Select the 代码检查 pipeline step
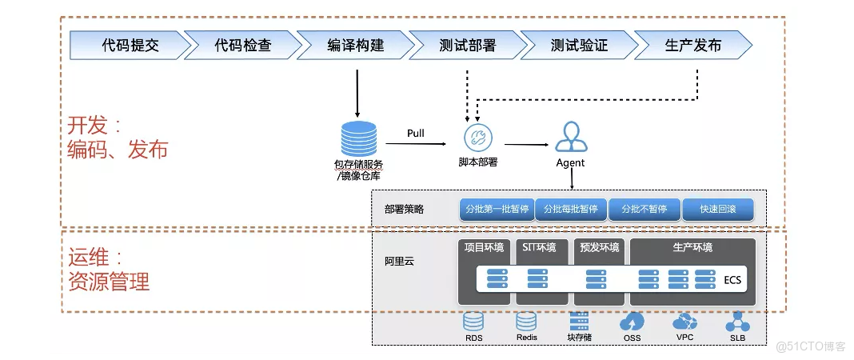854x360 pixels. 242,46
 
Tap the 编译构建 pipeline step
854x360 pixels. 355,46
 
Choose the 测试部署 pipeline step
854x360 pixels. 468,46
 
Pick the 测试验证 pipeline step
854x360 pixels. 580,46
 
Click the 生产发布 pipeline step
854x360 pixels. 692,46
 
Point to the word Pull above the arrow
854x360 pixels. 416,132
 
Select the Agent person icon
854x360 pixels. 570,137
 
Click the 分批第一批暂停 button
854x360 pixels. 497,210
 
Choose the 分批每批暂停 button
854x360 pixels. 570,210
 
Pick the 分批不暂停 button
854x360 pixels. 644,210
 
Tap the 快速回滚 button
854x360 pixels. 717,210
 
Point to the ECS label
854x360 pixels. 732,279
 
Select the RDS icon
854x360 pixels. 474,322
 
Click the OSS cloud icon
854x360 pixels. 632,322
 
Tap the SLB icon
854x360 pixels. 736,322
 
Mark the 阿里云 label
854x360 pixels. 399,261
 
